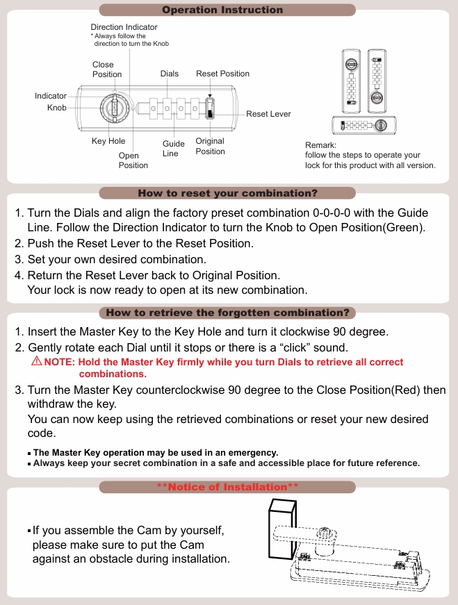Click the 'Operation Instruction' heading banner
pos(222,10)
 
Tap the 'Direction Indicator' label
pos(124,27)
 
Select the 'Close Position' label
pos(107,69)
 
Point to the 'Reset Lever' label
pos(268,114)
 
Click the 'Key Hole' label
pos(108,141)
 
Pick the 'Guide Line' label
pos(173,149)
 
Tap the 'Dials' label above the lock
pos(169,74)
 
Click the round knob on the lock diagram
pos(114,108)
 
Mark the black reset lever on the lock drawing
pos(211,110)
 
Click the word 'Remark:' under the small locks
pos(320,144)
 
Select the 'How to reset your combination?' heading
pos(227,193)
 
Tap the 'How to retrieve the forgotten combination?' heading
pos(227,313)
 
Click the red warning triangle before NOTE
pos(36,362)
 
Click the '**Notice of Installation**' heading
pos(227,487)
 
